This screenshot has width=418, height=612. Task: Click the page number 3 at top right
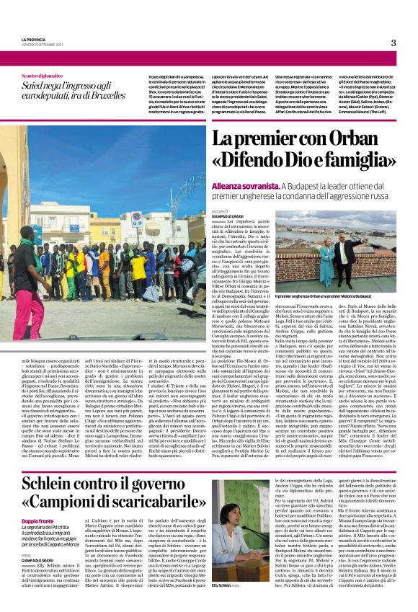pos(393,43)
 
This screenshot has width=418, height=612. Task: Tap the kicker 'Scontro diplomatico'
pos(43,76)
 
